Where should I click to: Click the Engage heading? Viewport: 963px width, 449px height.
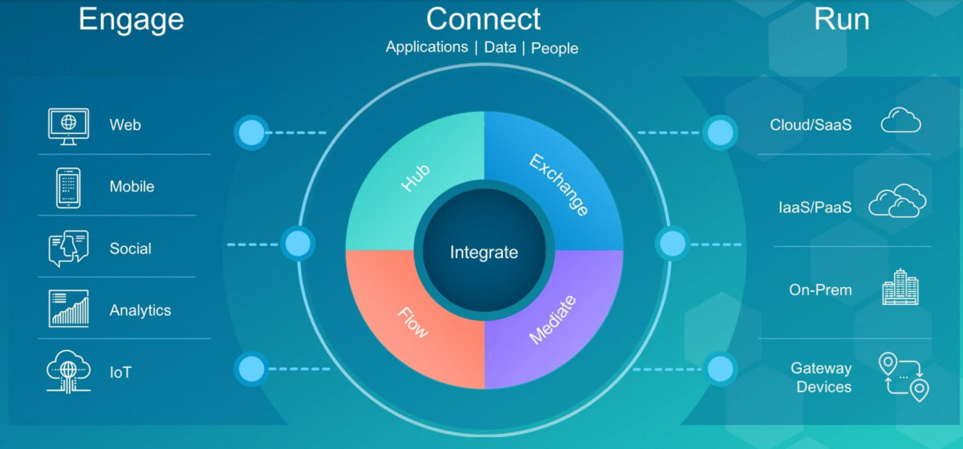click(x=131, y=19)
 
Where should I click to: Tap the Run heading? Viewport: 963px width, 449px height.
click(x=841, y=19)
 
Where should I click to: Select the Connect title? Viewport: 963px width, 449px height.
click(x=483, y=18)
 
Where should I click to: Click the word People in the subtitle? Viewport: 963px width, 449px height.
click(x=555, y=48)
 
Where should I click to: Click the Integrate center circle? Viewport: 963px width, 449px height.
click(x=484, y=253)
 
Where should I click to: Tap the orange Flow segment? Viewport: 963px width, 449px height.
click(x=413, y=321)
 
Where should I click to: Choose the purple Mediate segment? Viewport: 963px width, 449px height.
click(x=554, y=321)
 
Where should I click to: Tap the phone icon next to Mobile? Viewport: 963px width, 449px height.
click(x=68, y=187)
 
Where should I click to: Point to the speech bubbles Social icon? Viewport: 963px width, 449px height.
click(x=68, y=249)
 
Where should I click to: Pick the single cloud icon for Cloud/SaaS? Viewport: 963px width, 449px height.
click(x=900, y=122)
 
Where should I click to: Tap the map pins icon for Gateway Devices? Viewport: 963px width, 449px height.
click(x=904, y=376)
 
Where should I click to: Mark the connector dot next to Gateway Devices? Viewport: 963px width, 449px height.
click(x=721, y=370)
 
